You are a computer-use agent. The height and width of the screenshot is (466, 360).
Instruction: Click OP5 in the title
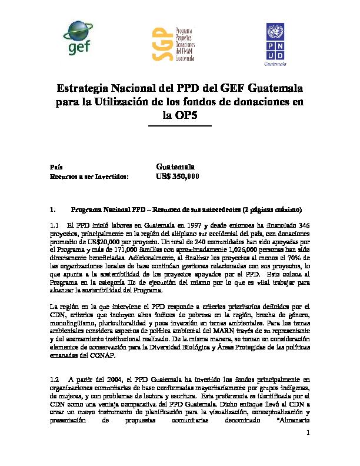click(x=179, y=116)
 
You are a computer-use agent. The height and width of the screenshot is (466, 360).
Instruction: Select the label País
click(x=56, y=167)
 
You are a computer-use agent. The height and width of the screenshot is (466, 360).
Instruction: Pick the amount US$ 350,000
click(x=178, y=176)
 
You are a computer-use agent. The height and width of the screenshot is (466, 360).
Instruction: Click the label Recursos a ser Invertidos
click(x=88, y=176)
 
